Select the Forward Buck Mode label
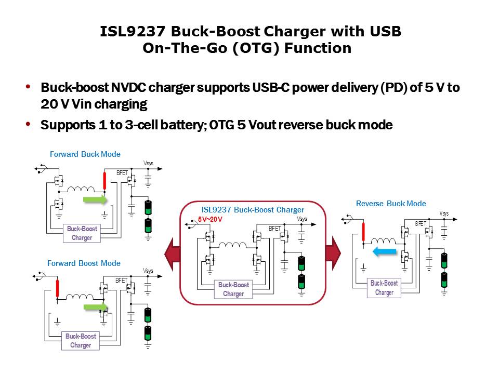pyautogui.click(x=85, y=154)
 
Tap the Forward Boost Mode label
pyautogui.click(x=84, y=263)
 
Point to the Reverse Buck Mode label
pyautogui.click(x=391, y=204)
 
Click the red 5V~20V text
pyautogui.click(x=210, y=220)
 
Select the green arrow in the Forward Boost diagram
pyautogui.click(x=95, y=308)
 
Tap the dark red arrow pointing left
pyautogui.click(x=172, y=253)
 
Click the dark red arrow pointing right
pyautogui.click(x=333, y=253)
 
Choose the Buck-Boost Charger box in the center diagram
pyautogui.click(x=233, y=289)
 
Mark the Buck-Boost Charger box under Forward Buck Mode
pyautogui.click(x=82, y=233)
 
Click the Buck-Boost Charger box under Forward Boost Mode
pyautogui.click(x=81, y=341)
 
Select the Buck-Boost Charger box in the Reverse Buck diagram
pyautogui.click(x=384, y=288)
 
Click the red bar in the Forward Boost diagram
pyautogui.click(x=58, y=288)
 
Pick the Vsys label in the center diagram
pyautogui.click(x=302, y=219)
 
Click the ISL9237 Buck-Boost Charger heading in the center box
pyautogui.click(x=253, y=210)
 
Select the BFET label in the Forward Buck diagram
pyautogui.click(x=122, y=173)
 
